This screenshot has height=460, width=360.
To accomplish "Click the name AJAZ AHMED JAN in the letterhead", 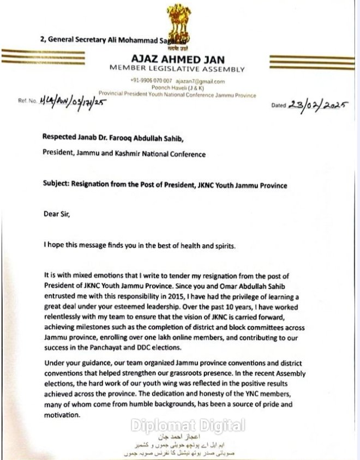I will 185,59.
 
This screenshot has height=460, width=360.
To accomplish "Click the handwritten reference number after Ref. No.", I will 70,101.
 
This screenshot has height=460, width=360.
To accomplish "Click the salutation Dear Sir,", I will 57,214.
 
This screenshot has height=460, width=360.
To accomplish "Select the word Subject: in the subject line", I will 57,185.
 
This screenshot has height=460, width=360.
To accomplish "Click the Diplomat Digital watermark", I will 187,425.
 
